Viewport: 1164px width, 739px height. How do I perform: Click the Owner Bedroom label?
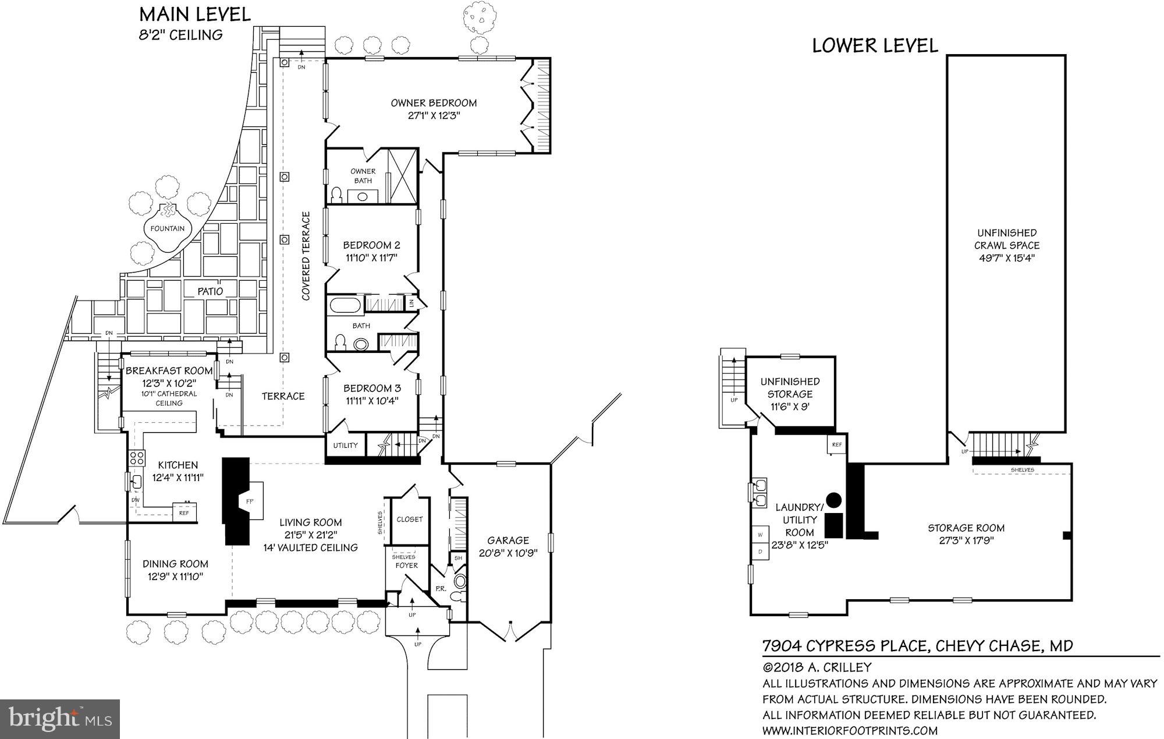coord(434,103)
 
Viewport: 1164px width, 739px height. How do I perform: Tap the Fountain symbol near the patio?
coord(167,228)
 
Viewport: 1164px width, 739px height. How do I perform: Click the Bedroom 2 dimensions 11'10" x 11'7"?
coord(371,258)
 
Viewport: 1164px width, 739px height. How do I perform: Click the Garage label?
coord(508,540)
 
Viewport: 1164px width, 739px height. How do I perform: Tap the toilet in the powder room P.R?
coord(460,582)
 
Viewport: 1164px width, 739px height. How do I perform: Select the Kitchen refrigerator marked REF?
coord(184,512)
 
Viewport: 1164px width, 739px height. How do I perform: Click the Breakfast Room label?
coord(169,371)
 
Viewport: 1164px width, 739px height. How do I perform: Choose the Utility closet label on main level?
coord(345,445)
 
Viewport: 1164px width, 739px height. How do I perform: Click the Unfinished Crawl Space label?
coord(1006,239)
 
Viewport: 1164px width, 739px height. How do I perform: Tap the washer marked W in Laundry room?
coord(760,535)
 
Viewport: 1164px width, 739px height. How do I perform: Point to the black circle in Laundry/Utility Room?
coord(834,500)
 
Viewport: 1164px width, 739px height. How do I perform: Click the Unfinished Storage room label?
coord(790,388)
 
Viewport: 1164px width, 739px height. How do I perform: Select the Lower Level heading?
coord(875,46)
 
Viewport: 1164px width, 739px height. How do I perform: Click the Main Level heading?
coord(195,15)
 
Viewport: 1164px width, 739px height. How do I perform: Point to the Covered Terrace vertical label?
coord(306,256)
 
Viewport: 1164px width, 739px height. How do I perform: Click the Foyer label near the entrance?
coord(406,565)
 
